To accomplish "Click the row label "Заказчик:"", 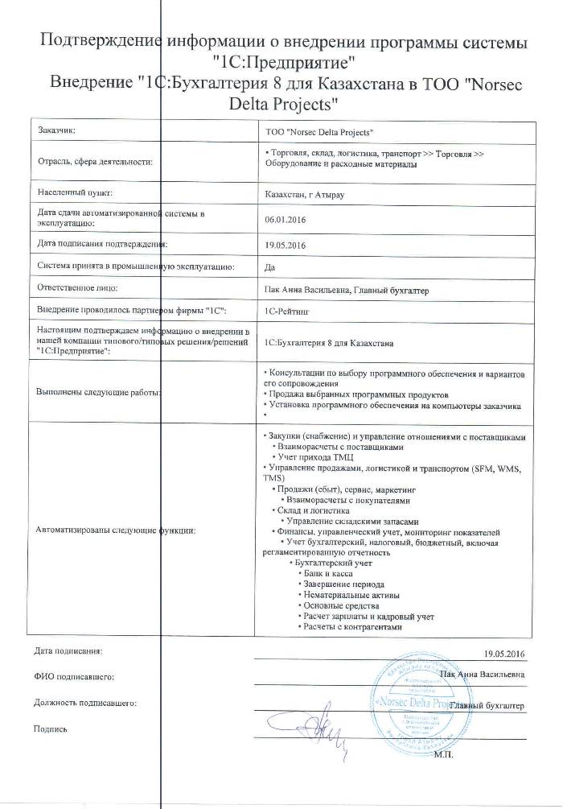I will [x=57, y=130].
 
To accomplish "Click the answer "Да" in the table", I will [x=269, y=266].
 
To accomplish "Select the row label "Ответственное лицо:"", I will [x=78, y=287].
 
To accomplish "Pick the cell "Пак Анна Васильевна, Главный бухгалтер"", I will [x=347, y=288].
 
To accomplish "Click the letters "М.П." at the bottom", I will [x=443, y=755].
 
